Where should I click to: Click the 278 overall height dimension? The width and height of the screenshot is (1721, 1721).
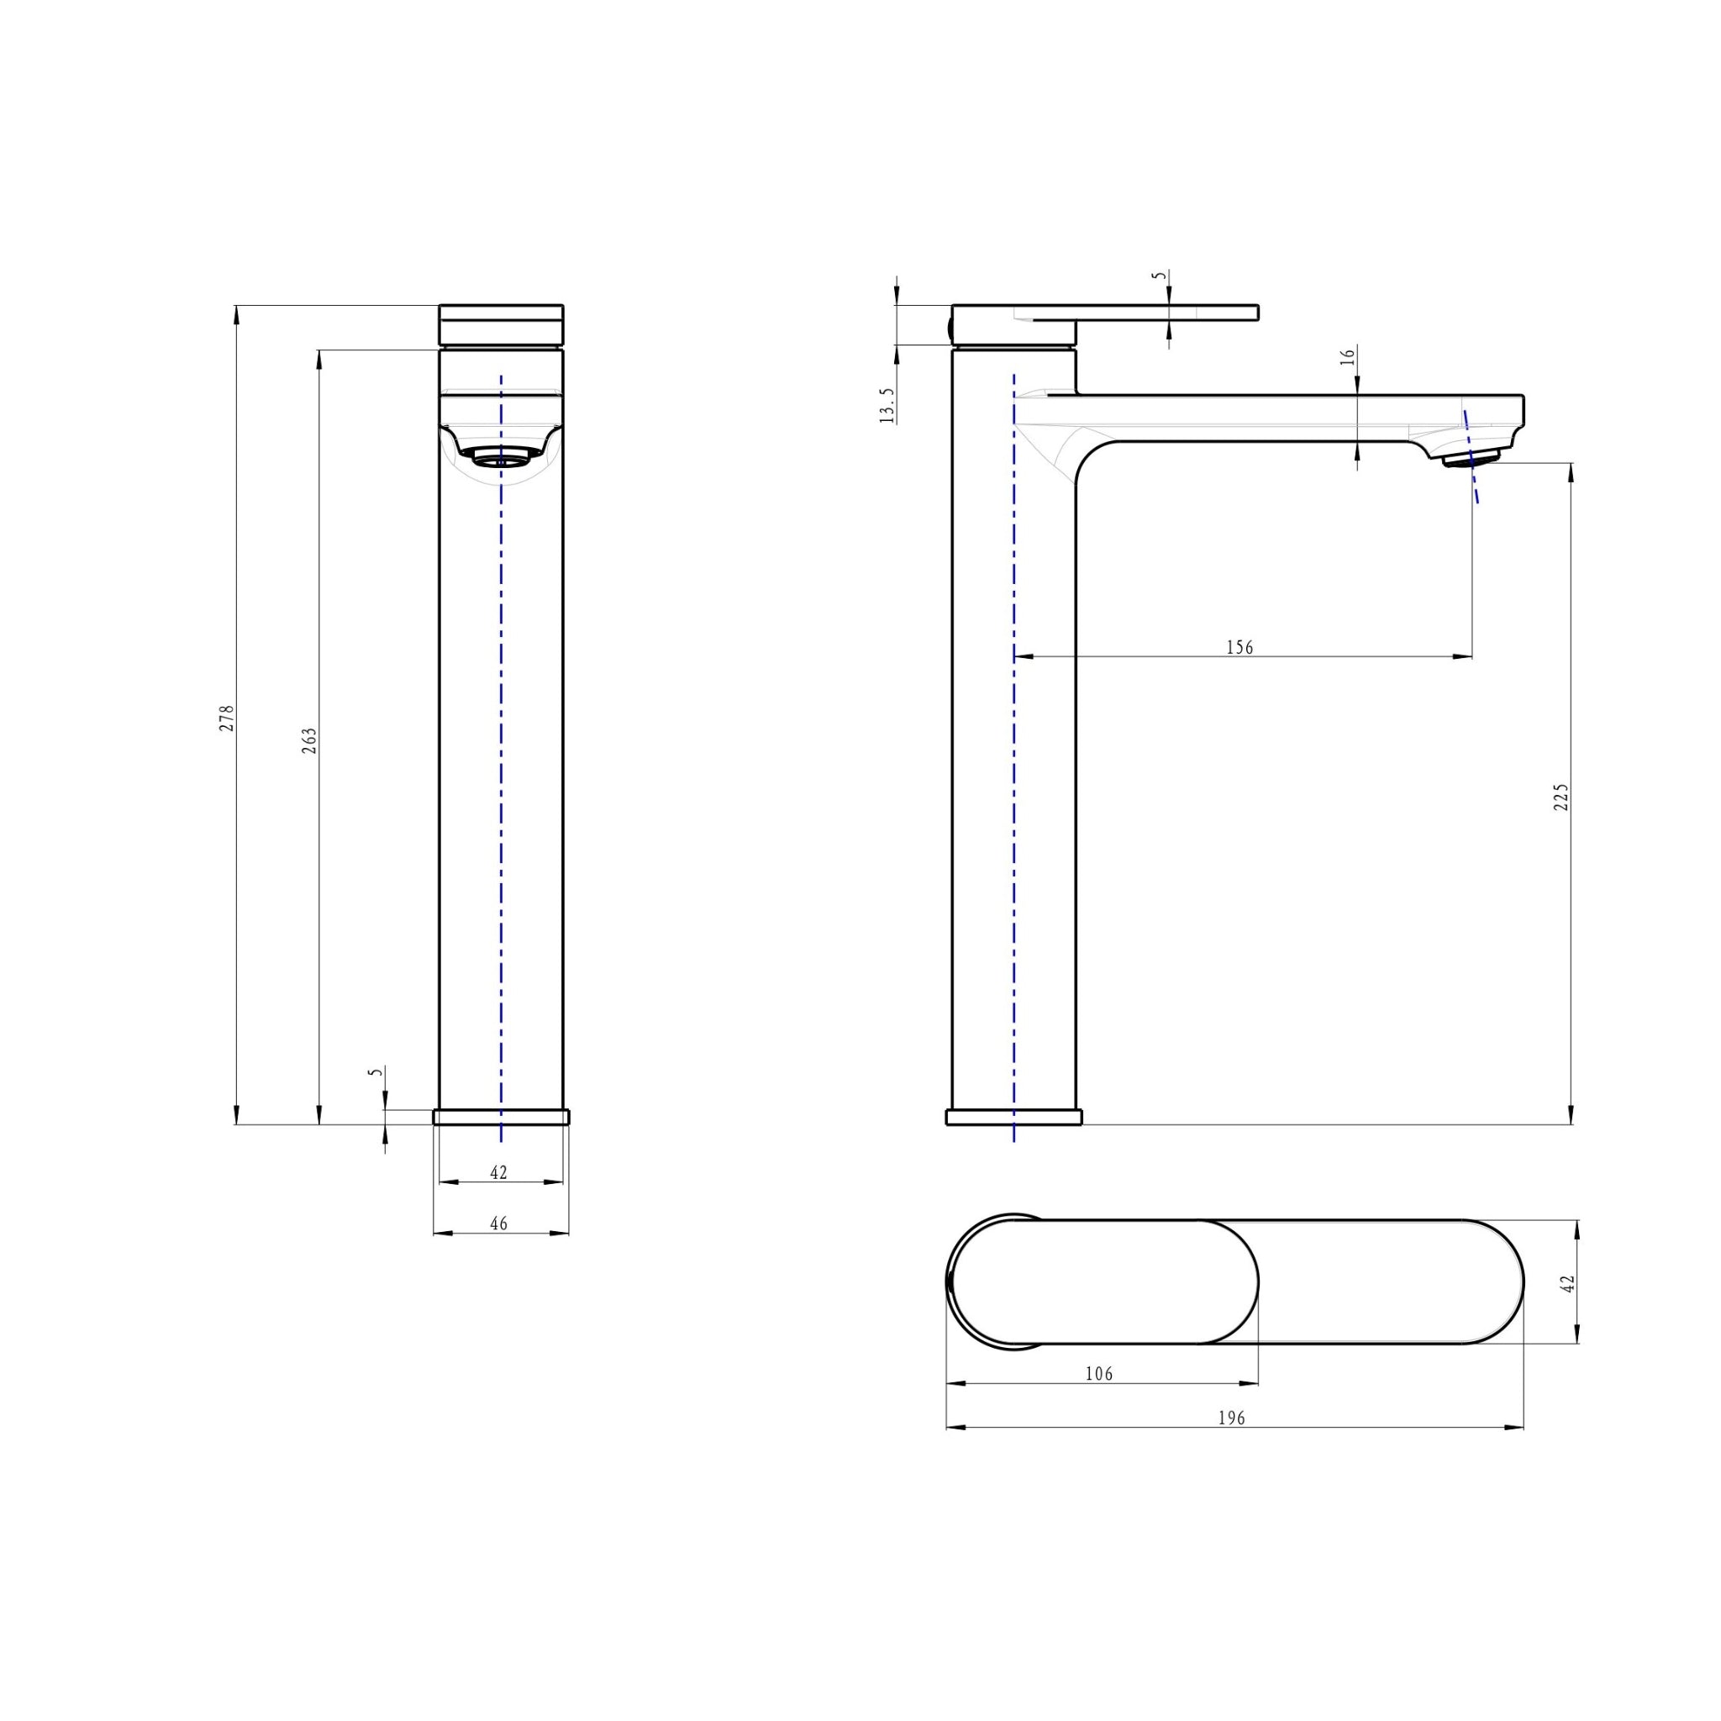pyautogui.click(x=227, y=718)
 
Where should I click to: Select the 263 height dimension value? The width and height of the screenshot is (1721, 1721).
pyautogui.click(x=309, y=740)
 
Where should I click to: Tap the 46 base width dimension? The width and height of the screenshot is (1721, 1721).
pyautogui.click(x=499, y=1224)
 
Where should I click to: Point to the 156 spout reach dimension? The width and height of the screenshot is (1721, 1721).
pyautogui.click(x=1239, y=648)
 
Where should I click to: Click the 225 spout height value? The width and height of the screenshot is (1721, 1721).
pyautogui.click(x=1560, y=797)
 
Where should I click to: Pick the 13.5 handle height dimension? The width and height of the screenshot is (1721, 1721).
pyautogui.click(x=887, y=405)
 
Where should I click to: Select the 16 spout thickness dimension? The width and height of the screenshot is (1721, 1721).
pyautogui.click(x=1348, y=355)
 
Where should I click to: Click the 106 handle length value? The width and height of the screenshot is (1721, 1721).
pyautogui.click(x=1099, y=1374)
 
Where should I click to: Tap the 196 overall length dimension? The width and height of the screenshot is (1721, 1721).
pyautogui.click(x=1231, y=1418)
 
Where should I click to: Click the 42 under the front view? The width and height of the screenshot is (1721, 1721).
pyautogui.click(x=499, y=1173)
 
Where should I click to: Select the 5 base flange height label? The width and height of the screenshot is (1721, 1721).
pyautogui.click(x=376, y=1072)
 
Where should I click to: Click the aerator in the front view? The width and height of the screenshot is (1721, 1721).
pyautogui.click(x=501, y=457)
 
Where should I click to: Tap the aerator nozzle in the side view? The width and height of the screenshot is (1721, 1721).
pyautogui.click(x=1471, y=458)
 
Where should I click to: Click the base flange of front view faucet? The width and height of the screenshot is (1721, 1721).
pyautogui.click(x=501, y=1117)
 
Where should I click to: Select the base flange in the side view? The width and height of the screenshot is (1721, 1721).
pyautogui.click(x=1013, y=1117)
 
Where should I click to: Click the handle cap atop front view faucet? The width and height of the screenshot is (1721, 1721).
pyautogui.click(x=501, y=324)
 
